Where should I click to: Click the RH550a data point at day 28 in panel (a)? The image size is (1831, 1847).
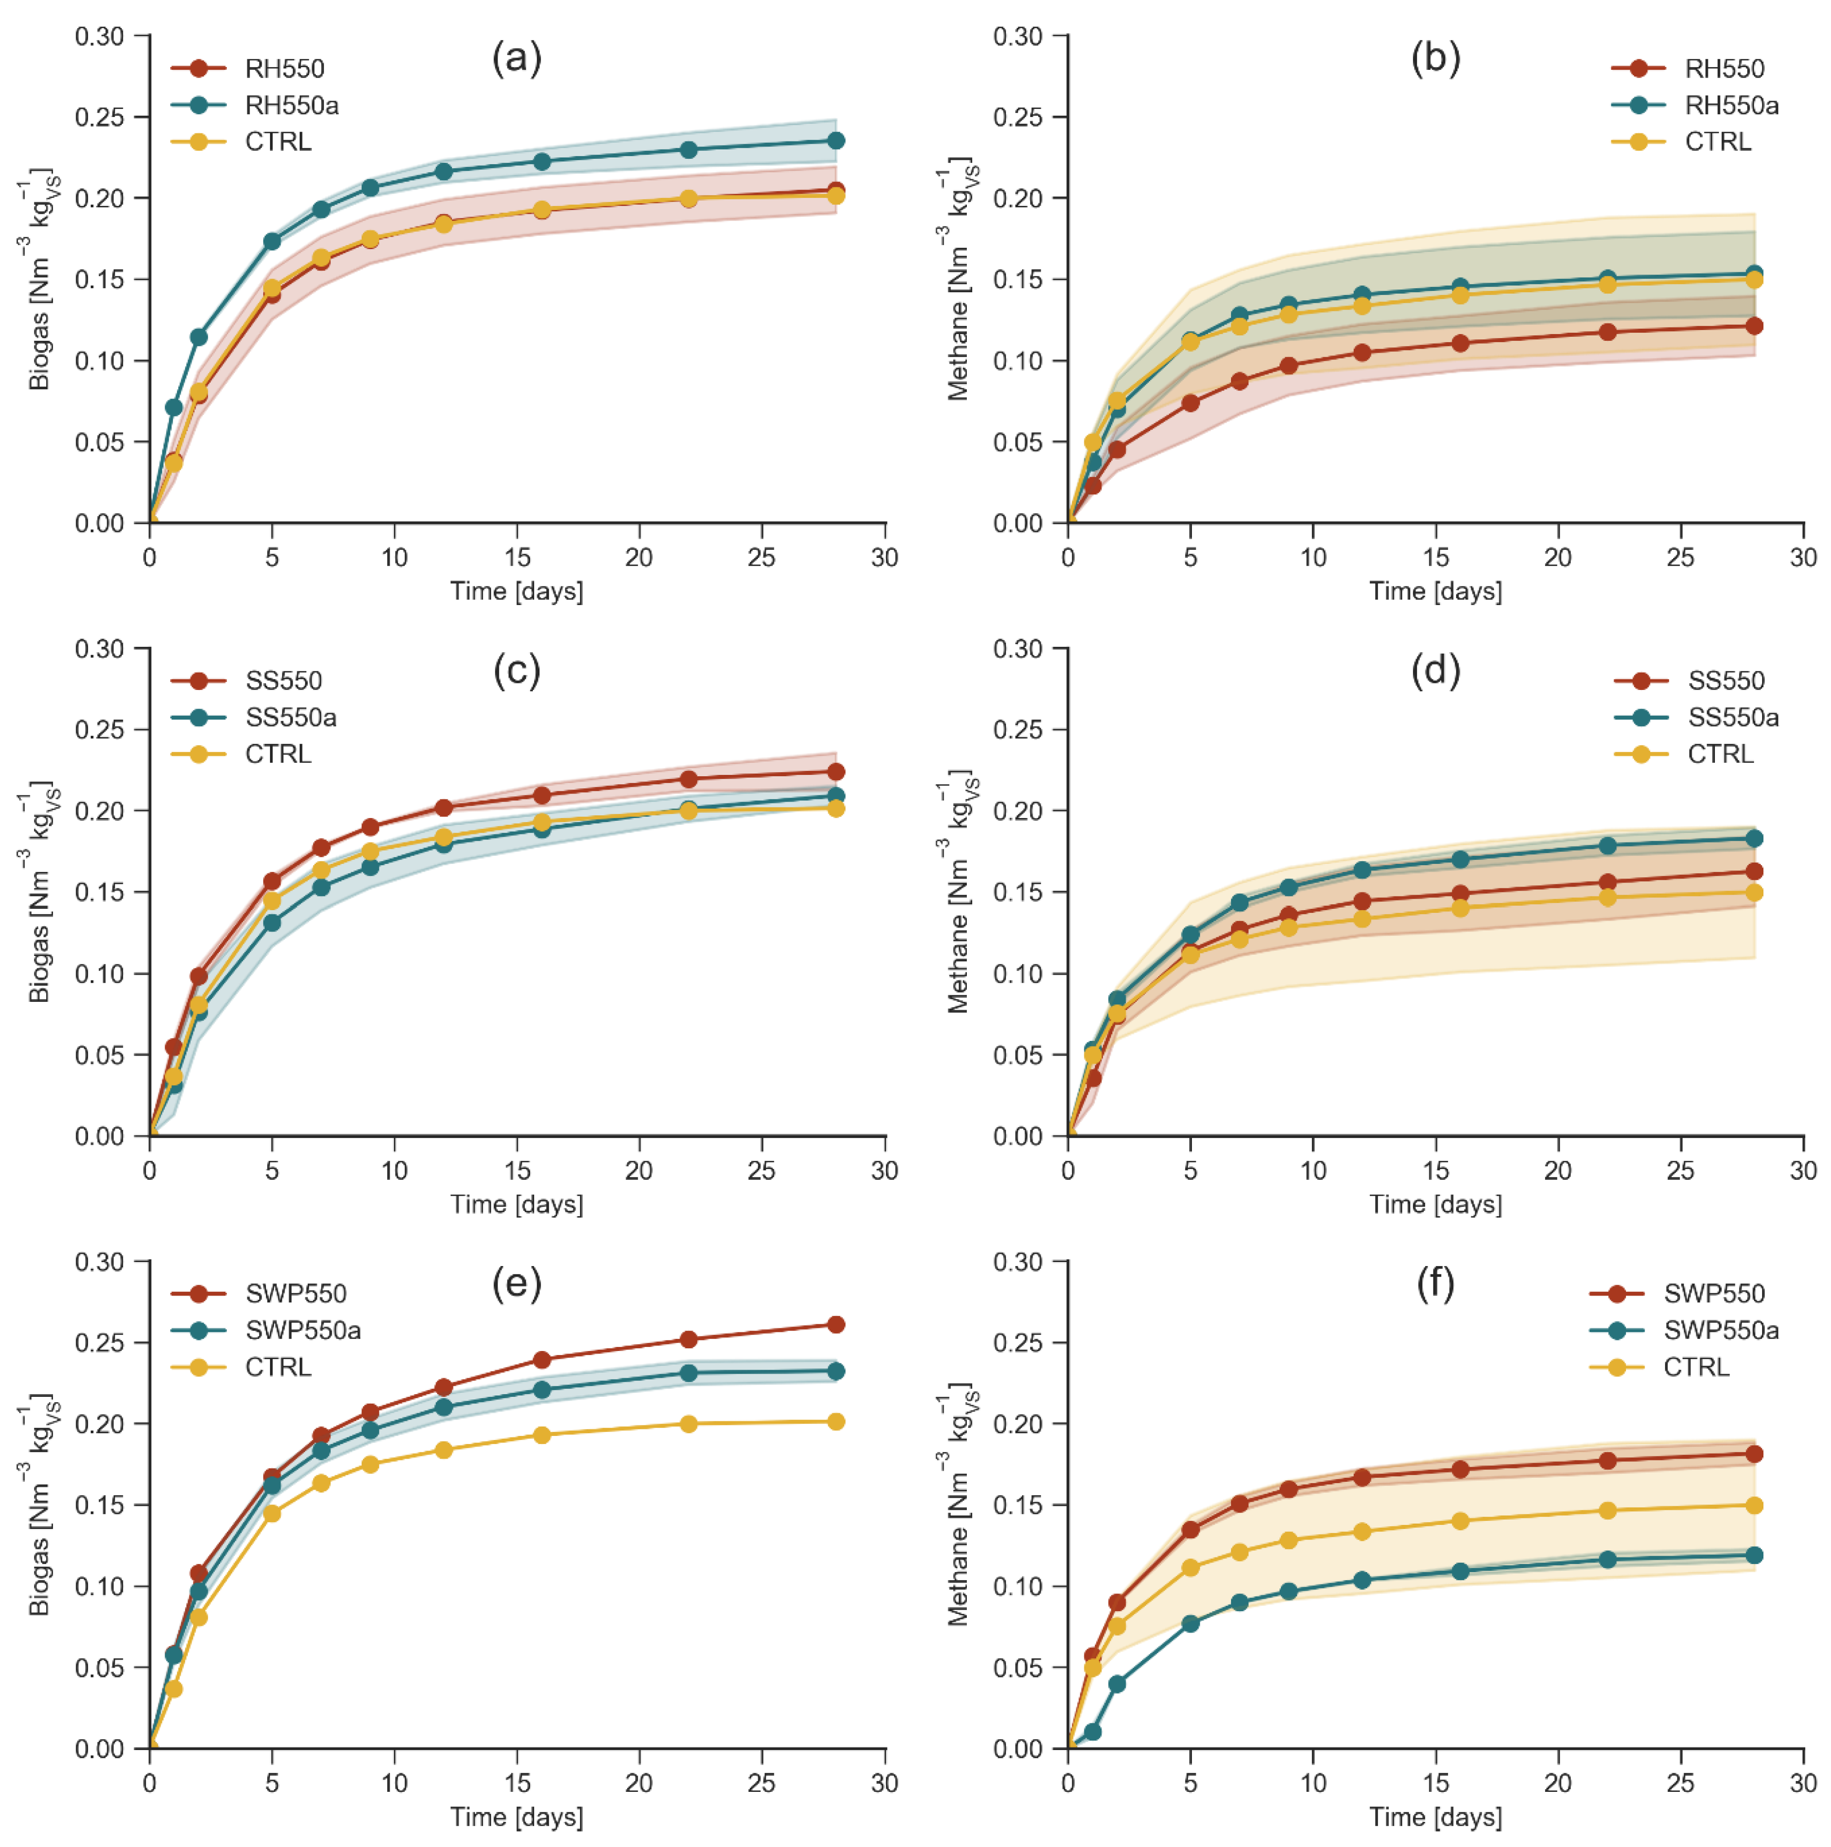pos(835,141)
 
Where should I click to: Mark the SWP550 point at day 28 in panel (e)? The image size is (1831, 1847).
pos(835,1324)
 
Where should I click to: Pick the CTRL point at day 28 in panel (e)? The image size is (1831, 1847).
pos(835,1422)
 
